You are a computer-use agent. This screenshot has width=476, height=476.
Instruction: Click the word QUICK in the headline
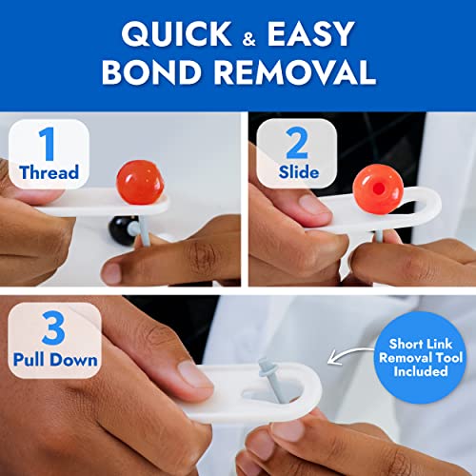[176, 34]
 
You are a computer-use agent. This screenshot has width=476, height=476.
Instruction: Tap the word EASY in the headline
[310, 33]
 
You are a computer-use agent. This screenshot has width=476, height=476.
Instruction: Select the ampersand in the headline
[249, 39]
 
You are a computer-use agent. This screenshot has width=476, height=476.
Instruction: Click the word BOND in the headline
[151, 71]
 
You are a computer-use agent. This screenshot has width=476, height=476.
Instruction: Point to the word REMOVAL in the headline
[295, 71]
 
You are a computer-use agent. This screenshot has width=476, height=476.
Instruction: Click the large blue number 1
[48, 144]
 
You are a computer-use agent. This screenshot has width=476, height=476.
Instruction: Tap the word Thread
[49, 172]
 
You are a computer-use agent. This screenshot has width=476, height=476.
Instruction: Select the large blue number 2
[297, 143]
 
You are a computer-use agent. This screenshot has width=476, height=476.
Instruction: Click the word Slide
[299, 172]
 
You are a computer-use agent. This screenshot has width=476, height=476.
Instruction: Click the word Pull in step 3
[30, 360]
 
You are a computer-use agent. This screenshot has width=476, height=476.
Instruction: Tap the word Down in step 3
[73, 360]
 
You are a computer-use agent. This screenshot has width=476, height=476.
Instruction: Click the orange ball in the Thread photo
[140, 182]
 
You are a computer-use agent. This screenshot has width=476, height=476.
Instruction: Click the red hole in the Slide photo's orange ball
[379, 188]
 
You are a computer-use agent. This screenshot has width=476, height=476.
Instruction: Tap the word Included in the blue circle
[421, 371]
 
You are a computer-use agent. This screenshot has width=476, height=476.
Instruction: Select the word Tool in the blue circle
[448, 358]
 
